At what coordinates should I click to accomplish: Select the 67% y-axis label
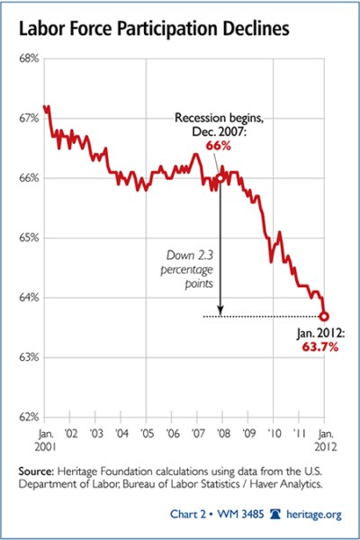click(x=27, y=118)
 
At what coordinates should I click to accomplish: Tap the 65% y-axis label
click(x=27, y=238)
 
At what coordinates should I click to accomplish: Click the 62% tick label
click(x=27, y=417)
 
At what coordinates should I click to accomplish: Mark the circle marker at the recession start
click(x=220, y=178)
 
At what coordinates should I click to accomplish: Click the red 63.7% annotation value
click(x=319, y=347)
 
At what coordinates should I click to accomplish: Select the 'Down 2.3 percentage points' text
click(x=190, y=268)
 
